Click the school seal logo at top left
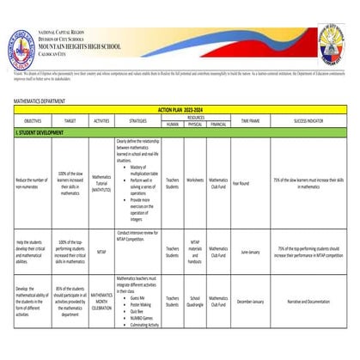point(22,46)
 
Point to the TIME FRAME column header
point(250,122)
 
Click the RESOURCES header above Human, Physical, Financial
point(195,118)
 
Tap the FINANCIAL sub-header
point(218,125)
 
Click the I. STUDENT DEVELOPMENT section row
point(40,133)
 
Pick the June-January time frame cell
point(250,253)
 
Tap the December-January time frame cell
point(250,302)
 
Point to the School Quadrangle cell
point(195,302)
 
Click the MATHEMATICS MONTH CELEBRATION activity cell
point(102,302)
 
